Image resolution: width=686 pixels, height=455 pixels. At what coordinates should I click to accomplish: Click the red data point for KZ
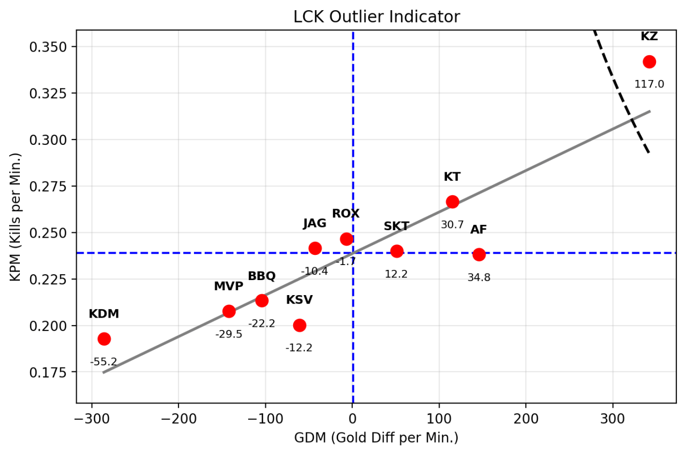[x=649, y=62]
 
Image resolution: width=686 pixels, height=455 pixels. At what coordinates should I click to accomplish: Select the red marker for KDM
[x=104, y=339]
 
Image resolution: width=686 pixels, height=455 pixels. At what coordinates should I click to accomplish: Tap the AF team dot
[x=479, y=254]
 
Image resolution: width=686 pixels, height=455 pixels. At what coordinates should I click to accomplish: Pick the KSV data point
[x=300, y=325]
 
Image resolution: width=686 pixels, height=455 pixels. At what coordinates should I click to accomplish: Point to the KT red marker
[x=452, y=202]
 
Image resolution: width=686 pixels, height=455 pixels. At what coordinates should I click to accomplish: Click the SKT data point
[x=397, y=251]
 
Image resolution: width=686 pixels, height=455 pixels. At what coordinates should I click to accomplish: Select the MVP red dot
[x=229, y=311]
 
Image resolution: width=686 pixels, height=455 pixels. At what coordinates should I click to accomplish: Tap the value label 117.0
[x=649, y=84]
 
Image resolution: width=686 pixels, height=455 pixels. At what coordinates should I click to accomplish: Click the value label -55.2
[x=103, y=362]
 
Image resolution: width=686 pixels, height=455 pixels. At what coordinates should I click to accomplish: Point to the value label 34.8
[x=479, y=277]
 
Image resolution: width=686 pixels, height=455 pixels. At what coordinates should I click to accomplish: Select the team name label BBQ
[x=262, y=276]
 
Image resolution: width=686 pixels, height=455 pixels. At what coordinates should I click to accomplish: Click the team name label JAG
[x=315, y=224]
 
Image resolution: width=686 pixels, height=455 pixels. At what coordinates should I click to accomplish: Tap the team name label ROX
[x=346, y=214]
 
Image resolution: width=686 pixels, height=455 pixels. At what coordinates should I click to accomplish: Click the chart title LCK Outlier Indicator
[x=376, y=17]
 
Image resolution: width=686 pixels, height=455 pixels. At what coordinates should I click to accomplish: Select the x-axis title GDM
[x=376, y=438]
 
